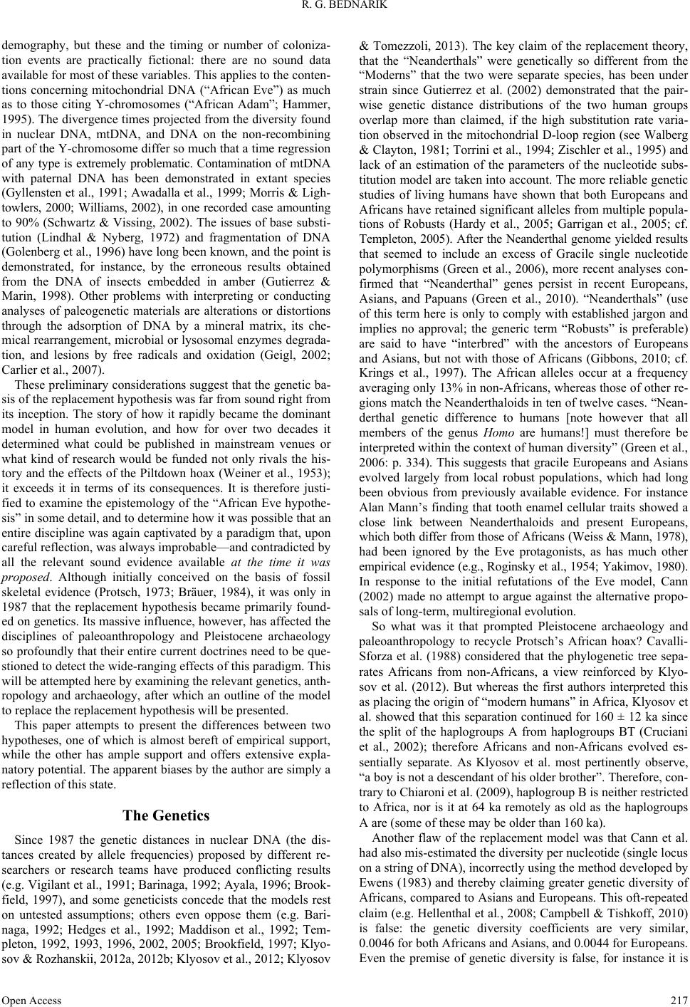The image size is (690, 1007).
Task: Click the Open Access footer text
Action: point(32,999)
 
